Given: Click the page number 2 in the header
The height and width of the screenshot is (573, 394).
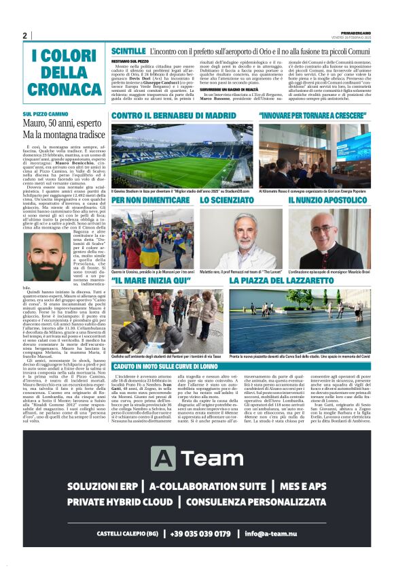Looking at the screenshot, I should point(25,36).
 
